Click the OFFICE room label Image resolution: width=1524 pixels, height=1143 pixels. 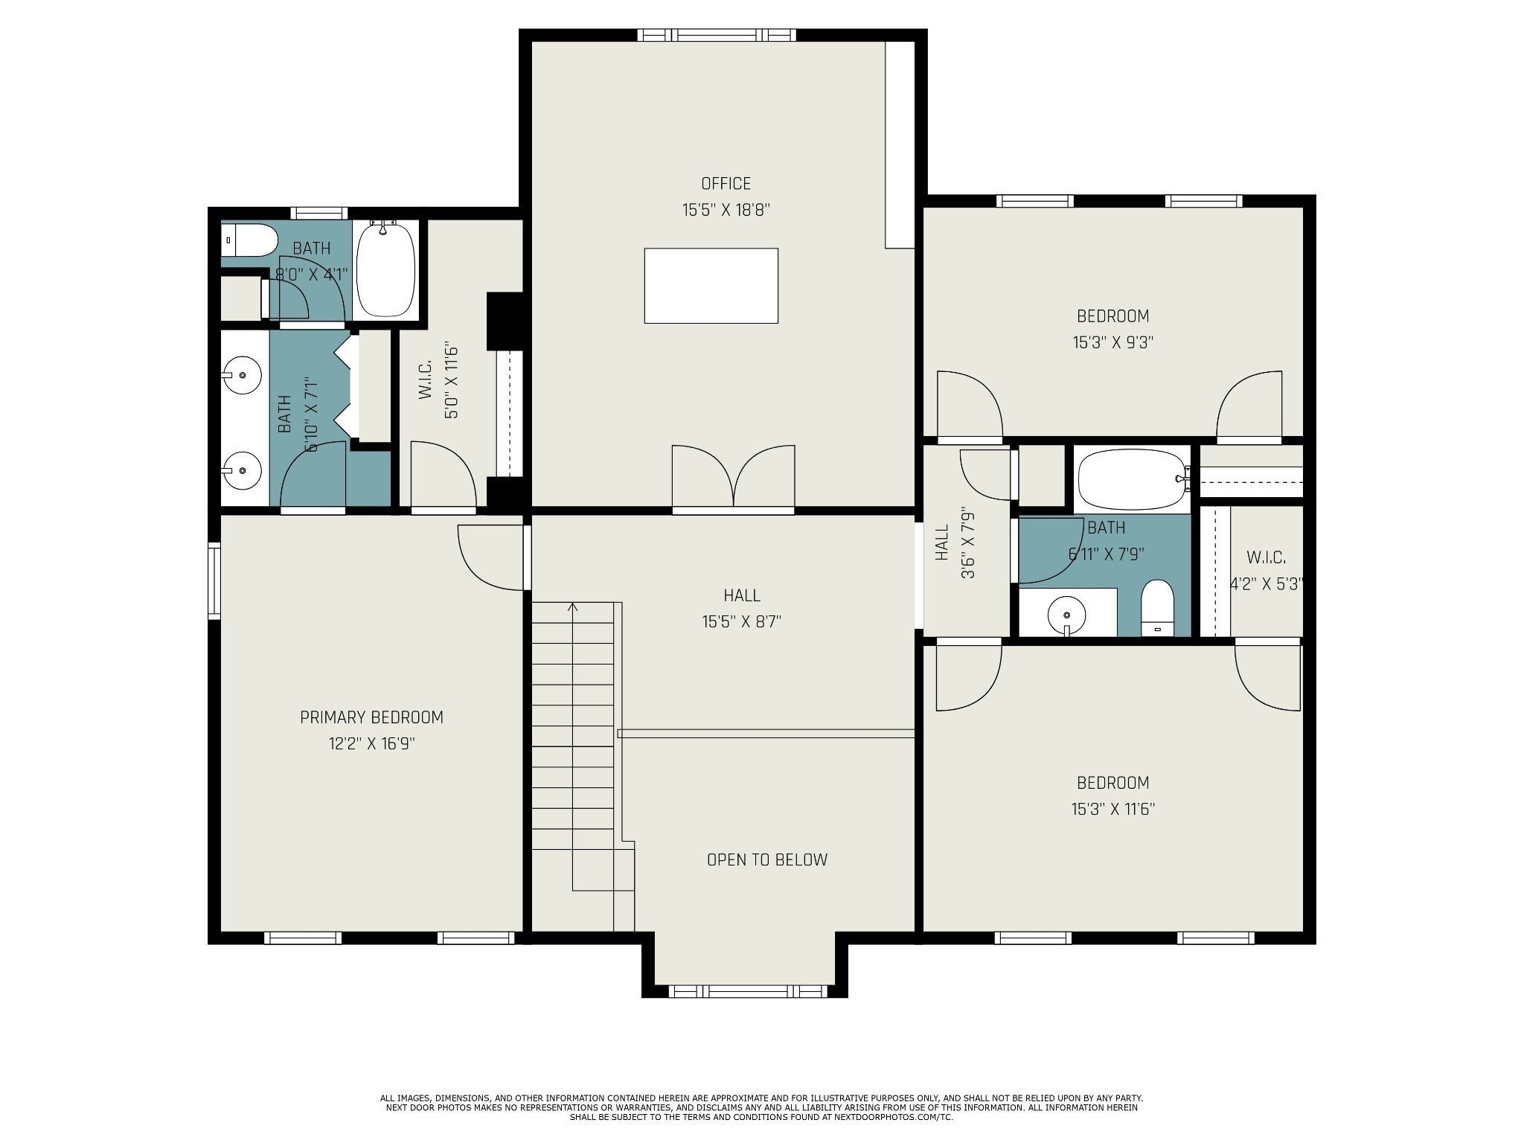(726, 183)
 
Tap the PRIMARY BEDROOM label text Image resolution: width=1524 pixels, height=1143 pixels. (371, 717)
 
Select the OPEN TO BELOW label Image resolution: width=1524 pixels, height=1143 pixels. (766, 859)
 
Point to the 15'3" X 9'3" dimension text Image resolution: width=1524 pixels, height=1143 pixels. (1112, 342)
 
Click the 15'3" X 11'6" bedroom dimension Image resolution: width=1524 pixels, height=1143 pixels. (1112, 809)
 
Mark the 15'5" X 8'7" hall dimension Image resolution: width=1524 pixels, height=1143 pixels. (741, 621)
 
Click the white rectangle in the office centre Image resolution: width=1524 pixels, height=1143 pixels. (711, 286)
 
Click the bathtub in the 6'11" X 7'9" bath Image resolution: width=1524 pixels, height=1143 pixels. (1132, 479)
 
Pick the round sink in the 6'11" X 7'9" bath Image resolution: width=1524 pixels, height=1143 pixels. (1067, 615)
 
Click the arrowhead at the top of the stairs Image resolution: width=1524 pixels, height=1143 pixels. (572, 607)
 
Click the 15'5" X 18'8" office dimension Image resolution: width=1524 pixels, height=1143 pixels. (726, 210)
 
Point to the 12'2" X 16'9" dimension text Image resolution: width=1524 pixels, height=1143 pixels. (371, 743)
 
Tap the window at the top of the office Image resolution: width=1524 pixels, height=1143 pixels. (717, 35)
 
